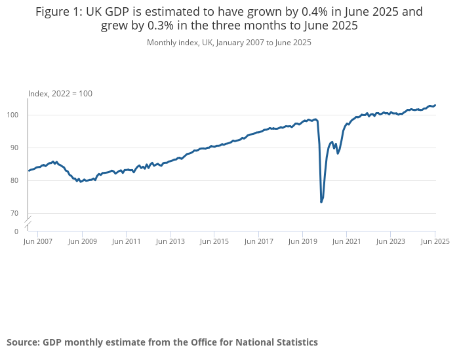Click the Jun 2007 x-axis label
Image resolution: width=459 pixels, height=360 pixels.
[x=37, y=241]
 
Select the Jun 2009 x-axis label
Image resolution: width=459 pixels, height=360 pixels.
[x=82, y=241]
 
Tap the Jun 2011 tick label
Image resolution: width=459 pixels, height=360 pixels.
[x=126, y=241]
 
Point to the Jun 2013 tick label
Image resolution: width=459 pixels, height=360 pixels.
[x=170, y=241]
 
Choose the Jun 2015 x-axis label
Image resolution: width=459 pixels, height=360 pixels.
[x=214, y=241]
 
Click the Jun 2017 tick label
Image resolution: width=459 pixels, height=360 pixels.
[x=258, y=241]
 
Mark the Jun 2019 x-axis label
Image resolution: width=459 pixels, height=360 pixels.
[x=302, y=241]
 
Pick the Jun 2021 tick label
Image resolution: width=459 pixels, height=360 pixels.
[x=346, y=241]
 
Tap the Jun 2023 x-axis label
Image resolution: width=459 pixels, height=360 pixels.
[x=391, y=241]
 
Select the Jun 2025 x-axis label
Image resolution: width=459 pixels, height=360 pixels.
[x=435, y=241]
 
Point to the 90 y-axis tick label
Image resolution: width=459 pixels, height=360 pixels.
[x=19, y=148]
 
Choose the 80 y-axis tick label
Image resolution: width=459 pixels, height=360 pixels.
[x=19, y=181]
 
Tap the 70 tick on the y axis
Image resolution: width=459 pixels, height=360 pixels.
[x=19, y=214]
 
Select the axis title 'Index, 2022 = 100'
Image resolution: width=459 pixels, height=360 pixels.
[x=60, y=94]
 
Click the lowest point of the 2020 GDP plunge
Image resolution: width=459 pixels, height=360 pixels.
[x=321, y=202]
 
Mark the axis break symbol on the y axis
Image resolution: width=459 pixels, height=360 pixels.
[x=28, y=222]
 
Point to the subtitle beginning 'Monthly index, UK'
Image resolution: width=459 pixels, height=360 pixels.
[x=229, y=43]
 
